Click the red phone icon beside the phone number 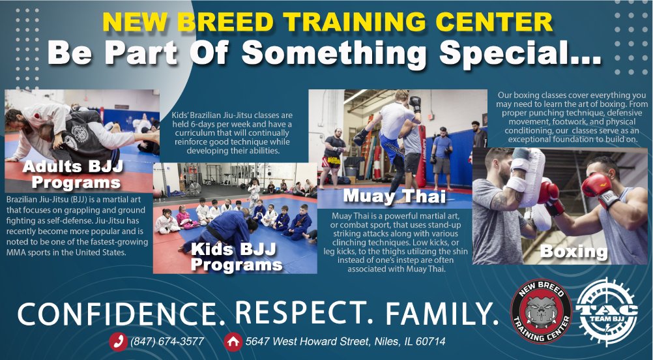tap(118, 342)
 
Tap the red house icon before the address tap(233, 342)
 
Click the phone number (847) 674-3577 tap(167, 342)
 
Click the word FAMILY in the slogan tap(442, 314)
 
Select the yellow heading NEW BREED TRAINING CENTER tap(327, 23)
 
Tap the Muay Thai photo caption tap(394, 196)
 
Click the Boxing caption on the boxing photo tap(573, 251)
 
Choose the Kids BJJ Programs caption tap(236, 257)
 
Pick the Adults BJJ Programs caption tap(73, 174)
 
